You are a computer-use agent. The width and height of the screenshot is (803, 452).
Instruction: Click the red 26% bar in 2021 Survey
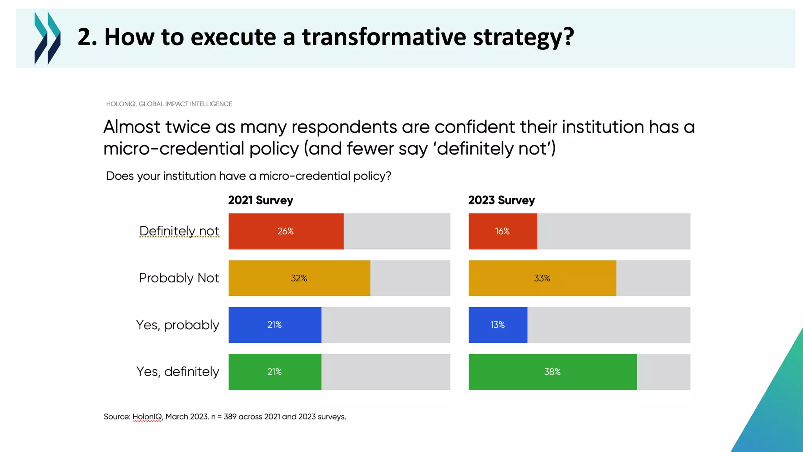coord(286,231)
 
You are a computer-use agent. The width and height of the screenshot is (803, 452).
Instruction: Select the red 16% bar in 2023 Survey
coord(503,231)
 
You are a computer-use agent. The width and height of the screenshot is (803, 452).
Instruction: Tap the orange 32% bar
coord(299,278)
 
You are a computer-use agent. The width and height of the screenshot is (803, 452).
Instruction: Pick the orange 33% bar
coord(542,278)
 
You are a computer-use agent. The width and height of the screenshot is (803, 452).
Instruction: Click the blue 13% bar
coord(498,325)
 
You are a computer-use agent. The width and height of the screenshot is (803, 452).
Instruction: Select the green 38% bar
coord(552,372)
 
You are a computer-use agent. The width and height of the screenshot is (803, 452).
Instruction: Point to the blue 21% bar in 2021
coord(274,325)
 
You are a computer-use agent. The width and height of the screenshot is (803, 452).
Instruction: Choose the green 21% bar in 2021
coord(274,372)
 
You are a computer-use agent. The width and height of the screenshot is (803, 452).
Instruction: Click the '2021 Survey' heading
coord(260,200)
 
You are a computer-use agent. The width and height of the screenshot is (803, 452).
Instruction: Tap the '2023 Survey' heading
coord(501,200)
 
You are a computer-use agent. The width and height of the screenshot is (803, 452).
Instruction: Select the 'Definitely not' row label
coord(179,231)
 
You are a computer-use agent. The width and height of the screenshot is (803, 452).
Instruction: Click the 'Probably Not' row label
coord(179,278)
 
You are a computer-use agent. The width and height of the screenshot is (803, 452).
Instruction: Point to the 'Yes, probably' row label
coord(177,325)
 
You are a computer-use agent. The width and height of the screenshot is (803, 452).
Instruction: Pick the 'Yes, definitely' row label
coord(177,372)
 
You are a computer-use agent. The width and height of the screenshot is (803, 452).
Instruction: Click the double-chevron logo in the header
coord(47,38)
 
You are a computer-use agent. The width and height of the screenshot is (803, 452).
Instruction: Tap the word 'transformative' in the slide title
coord(384,37)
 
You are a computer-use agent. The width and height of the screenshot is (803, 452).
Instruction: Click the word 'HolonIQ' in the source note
coord(147,417)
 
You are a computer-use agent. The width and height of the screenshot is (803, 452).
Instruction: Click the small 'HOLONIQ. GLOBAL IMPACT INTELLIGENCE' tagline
coord(169,104)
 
